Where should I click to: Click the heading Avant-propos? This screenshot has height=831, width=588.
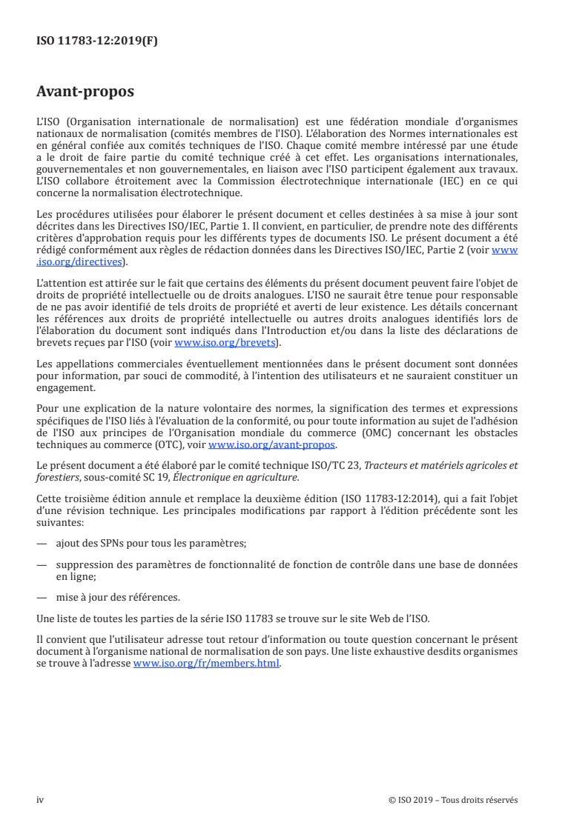pos(85,93)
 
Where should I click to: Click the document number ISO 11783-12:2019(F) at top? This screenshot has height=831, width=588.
pos(97,41)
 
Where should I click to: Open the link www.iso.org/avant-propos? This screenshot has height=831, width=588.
pos(272,445)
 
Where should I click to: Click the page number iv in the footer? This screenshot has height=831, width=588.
pos(40,800)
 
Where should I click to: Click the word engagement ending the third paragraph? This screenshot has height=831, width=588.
pos(66,386)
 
